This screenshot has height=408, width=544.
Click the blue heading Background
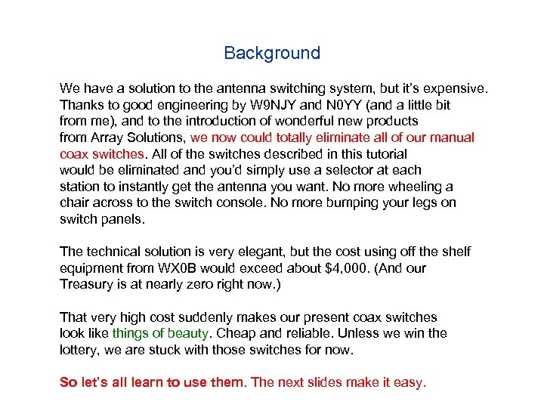click(272, 54)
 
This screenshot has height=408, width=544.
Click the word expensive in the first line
click(456, 89)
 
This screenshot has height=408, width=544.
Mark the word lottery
click(80, 350)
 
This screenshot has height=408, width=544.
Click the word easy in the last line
click(410, 382)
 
